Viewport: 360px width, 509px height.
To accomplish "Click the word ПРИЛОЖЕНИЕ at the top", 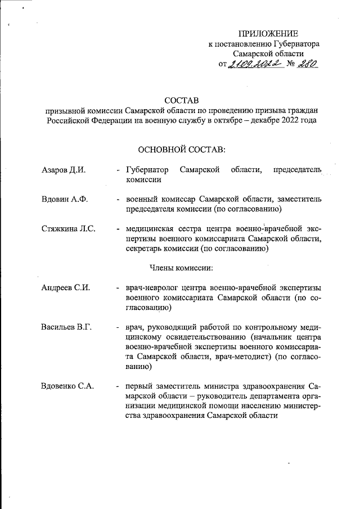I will [268, 34].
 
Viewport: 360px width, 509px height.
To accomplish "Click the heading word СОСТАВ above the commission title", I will [182, 100].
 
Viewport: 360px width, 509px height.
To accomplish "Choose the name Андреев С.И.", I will [66, 288].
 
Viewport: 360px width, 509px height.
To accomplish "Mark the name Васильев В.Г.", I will [66, 327].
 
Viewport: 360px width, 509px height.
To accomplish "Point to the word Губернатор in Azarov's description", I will [147, 170].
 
